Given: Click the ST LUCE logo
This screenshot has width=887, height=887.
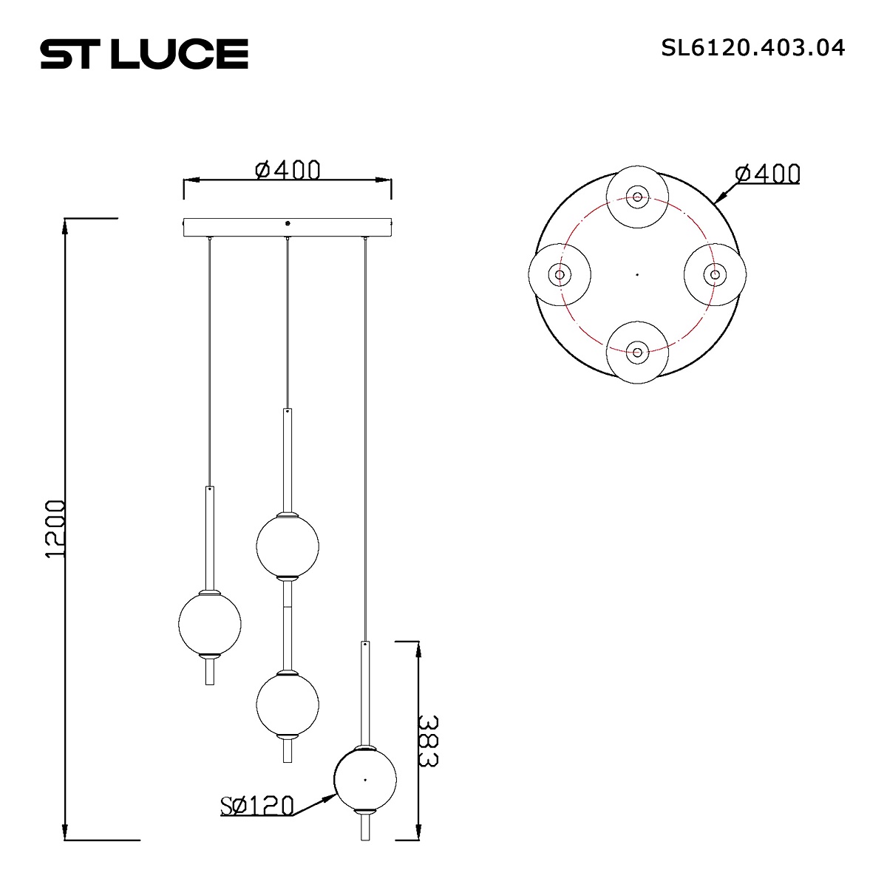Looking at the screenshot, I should point(143,54).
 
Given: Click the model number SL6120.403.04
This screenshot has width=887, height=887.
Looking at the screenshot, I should point(752,48).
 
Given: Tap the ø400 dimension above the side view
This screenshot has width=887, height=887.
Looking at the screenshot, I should point(288,170).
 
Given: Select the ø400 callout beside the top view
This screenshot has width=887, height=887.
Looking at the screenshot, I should point(767,174).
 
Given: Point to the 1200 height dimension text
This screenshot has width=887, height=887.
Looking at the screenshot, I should point(56,529).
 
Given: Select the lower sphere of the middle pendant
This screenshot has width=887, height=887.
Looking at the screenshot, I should point(288,703).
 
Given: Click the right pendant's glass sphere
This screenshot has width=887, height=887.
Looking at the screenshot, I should point(365,779).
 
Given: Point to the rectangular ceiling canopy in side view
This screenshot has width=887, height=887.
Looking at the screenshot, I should point(288,227).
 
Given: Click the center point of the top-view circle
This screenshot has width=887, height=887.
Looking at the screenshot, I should point(637,274).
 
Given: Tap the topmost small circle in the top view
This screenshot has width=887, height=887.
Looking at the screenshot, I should point(637,197).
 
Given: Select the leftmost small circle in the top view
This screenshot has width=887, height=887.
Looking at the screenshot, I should point(560,274).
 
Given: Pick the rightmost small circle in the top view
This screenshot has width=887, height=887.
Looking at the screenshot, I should point(715,274).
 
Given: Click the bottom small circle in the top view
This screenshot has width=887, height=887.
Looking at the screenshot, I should point(637,352).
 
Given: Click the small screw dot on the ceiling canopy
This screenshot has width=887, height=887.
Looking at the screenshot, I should point(288,222).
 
